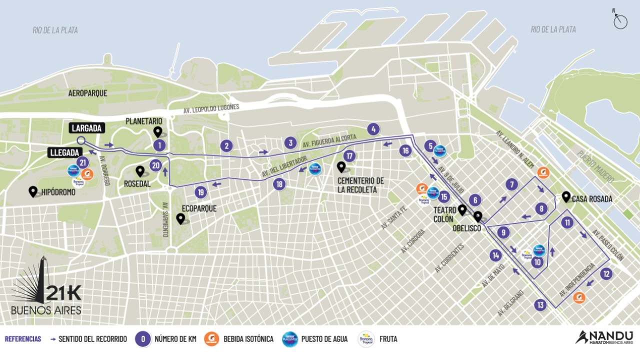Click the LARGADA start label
pyautogui.click(x=87, y=128)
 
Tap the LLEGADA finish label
pyautogui.click(x=65, y=152)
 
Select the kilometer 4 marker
pyautogui.click(x=373, y=129)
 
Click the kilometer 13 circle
pyautogui.click(x=540, y=304)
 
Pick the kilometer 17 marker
pyautogui.click(x=349, y=156)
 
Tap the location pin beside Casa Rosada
pyautogui.click(x=566, y=196)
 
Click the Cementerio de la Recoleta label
pyautogui.click(x=360, y=184)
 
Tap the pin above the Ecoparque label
pyautogui.click(x=180, y=218)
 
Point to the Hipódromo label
pyautogui.click(x=58, y=191)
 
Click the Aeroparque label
pyautogui.click(x=88, y=93)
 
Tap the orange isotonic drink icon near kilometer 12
pyautogui.click(x=579, y=297)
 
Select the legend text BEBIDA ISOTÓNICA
pyautogui.click(x=248, y=339)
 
